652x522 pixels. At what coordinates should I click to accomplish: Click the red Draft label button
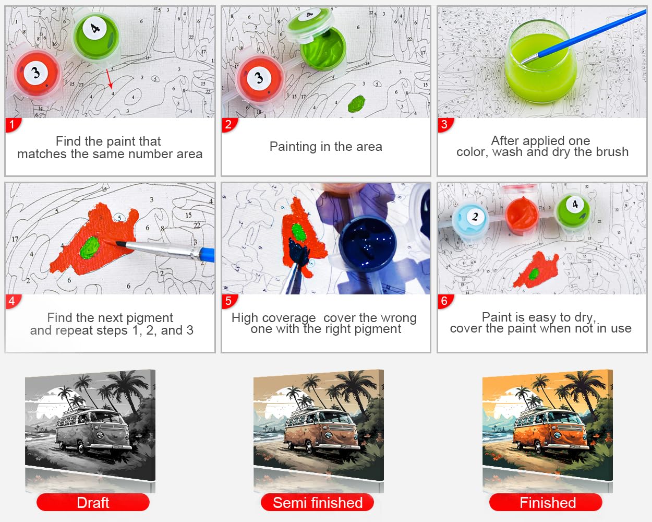(x=93, y=503)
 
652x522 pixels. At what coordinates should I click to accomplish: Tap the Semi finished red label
(x=317, y=503)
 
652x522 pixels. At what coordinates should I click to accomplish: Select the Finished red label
(x=546, y=503)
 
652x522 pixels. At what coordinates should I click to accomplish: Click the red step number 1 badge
(x=13, y=125)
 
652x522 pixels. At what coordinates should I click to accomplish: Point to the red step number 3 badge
(x=445, y=125)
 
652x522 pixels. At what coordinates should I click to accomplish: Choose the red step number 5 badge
(x=230, y=301)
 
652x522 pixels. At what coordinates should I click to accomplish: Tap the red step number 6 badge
(x=445, y=301)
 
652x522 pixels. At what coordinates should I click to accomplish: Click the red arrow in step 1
(x=110, y=79)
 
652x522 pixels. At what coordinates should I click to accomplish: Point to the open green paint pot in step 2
(x=323, y=50)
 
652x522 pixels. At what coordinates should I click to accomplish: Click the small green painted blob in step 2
(x=357, y=103)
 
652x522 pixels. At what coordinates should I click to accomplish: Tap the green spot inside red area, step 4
(x=90, y=247)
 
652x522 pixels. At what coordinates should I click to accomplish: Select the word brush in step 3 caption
(x=612, y=152)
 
